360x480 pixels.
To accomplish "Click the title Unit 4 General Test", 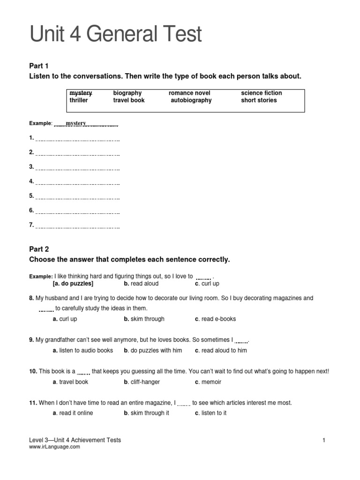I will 116,35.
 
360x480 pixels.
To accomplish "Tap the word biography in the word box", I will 127,93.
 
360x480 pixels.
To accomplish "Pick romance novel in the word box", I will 189,93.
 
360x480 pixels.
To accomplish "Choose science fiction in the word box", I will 261,93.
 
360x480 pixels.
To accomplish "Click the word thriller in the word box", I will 79,100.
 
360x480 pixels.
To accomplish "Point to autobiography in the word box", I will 191,100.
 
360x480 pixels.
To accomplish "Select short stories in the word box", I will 259,100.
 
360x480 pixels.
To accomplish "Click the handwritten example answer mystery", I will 76,123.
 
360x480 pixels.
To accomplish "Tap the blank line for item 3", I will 77,168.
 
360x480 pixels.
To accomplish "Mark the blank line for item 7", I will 77,226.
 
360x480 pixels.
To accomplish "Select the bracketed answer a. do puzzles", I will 73,284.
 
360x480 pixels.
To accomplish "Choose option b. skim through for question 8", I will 144,319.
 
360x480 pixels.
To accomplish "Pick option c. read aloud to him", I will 221,351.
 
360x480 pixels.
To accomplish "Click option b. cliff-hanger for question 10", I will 142,382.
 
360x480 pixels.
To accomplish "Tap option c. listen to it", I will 210,413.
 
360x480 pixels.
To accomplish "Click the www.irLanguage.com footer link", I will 54,447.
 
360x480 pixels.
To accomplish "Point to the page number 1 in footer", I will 323,440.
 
